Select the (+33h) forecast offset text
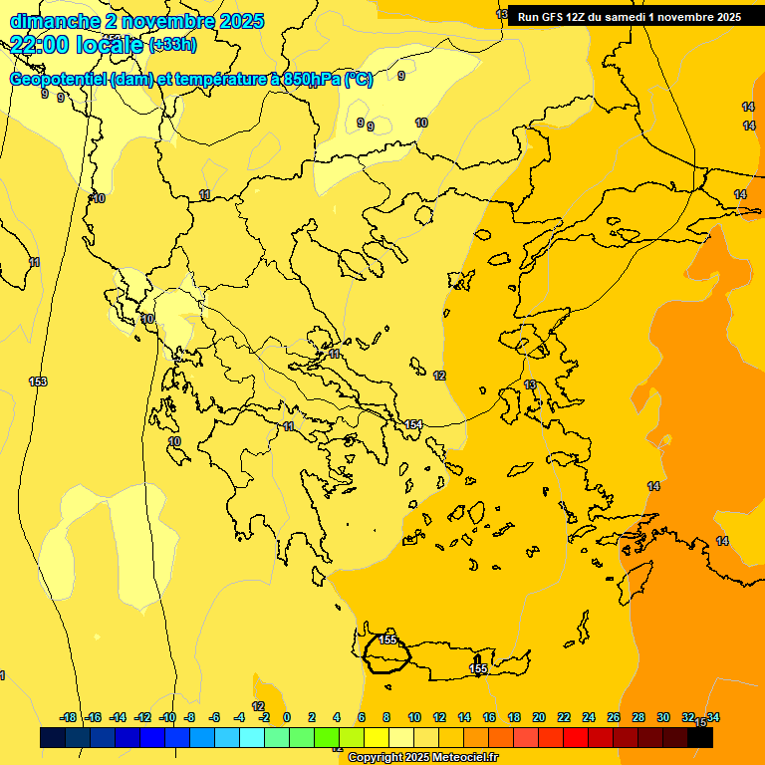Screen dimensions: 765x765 coord(172,45)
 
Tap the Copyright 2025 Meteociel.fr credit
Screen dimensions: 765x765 coord(422,758)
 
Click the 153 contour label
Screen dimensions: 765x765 coord(38,382)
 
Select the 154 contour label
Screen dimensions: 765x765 coord(413,425)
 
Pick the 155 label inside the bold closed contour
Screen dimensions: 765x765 coord(388,639)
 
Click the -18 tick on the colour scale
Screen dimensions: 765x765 coord(68,717)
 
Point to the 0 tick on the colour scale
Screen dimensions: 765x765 coord(287,717)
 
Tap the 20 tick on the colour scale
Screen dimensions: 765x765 coord(539,717)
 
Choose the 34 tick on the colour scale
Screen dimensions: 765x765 coord(713,717)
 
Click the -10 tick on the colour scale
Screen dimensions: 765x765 coord(167,717)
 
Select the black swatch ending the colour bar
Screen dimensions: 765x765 coord(700,738)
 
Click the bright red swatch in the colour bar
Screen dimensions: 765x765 coord(576,738)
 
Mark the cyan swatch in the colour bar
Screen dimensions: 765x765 coord(252,738)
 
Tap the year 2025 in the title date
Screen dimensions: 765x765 coord(241,21)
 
